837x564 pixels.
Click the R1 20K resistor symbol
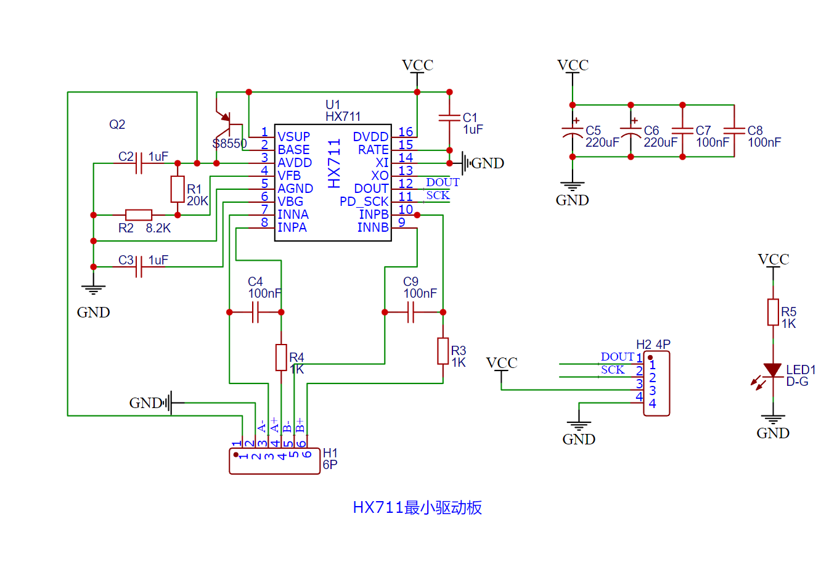coord(178,189)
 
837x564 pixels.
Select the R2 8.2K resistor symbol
coord(139,215)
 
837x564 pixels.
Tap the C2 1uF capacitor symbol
coord(139,163)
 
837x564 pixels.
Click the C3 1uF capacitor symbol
coord(139,267)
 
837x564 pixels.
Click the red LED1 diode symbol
coord(772,370)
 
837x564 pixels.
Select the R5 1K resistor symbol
coord(773,312)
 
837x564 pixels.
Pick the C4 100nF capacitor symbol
coord(255,313)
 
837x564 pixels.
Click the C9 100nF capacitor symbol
coord(410,313)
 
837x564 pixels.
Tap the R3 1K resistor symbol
coord(443,351)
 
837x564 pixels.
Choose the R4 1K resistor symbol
coord(281,358)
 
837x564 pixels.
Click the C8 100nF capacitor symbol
coord(734,131)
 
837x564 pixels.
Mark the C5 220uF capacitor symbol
coord(573,131)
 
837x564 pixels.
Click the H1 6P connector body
coord(274,462)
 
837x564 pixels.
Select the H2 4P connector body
coord(656,383)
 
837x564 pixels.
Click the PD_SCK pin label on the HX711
coord(364,202)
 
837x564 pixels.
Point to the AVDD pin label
coord(295,163)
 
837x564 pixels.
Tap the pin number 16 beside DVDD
coord(405,132)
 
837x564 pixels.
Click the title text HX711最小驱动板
coord(417,507)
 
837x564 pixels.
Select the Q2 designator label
coord(117,125)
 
